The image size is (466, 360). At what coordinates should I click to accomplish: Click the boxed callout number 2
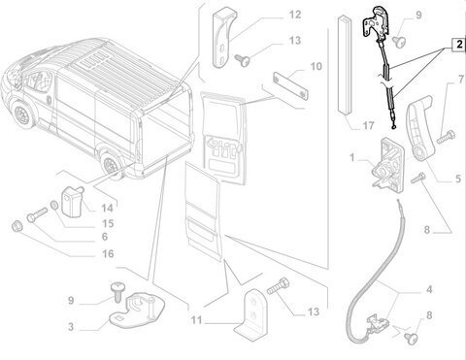(459, 45)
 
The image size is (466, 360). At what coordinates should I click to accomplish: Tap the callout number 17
(368, 125)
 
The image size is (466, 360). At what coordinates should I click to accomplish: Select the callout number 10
(316, 66)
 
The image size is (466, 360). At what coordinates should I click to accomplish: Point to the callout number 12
(295, 15)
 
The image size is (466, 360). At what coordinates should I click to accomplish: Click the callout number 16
(108, 253)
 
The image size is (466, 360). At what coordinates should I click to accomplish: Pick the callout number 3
(71, 326)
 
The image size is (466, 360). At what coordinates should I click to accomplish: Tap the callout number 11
(196, 320)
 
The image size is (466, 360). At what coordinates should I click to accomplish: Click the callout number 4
(429, 289)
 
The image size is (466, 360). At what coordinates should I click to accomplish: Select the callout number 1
(352, 158)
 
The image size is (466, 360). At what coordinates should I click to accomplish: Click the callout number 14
(107, 208)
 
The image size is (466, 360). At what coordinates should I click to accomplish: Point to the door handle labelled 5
(419, 127)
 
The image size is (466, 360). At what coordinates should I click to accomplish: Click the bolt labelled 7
(446, 137)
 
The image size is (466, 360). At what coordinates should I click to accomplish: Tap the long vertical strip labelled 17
(345, 64)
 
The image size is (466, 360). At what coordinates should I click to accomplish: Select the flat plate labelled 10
(290, 85)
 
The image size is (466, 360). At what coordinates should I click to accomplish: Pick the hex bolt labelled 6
(37, 214)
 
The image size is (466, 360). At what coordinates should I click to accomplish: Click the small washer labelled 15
(54, 205)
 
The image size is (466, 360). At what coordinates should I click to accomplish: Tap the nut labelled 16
(17, 226)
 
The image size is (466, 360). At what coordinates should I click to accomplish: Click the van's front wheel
(22, 114)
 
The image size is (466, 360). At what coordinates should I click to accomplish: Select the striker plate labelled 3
(138, 311)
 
